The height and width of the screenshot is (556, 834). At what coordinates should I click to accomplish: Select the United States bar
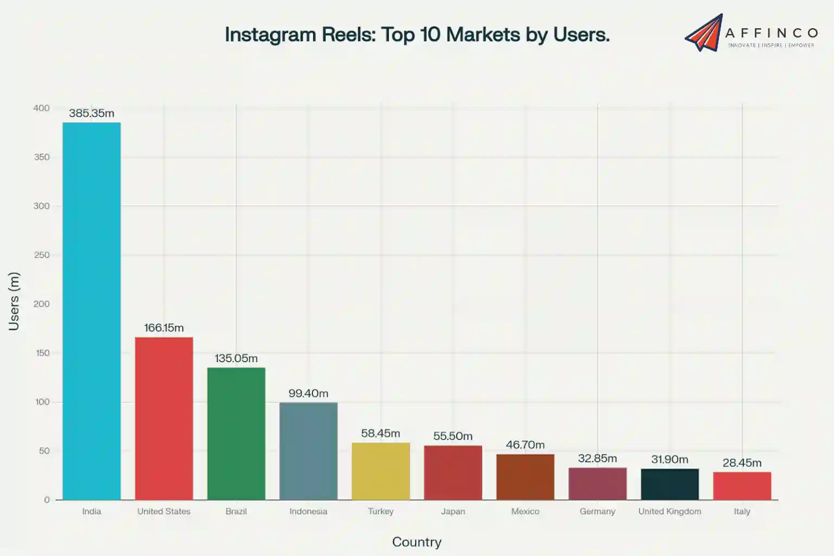pyautogui.click(x=163, y=418)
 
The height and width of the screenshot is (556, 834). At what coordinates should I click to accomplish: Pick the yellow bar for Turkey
pyautogui.click(x=381, y=471)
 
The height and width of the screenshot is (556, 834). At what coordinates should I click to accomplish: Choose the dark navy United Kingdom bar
pyautogui.click(x=669, y=484)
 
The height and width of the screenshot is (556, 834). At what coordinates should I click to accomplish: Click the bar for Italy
pyautogui.click(x=742, y=485)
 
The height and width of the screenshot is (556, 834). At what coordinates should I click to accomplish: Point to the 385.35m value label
pyautogui.click(x=91, y=113)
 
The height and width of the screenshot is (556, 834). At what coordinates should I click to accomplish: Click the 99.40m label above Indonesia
pyautogui.click(x=308, y=393)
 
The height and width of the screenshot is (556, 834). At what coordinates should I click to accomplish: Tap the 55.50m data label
pyautogui.click(x=453, y=436)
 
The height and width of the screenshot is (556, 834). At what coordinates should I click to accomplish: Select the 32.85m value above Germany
pyautogui.click(x=597, y=458)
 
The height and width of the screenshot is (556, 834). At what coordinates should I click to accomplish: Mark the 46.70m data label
pyautogui.click(x=525, y=445)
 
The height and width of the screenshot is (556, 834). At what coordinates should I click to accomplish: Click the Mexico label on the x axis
pyautogui.click(x=525, y=511)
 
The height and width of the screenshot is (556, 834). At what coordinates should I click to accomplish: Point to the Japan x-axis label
pyautogui.click(x=453, y=511)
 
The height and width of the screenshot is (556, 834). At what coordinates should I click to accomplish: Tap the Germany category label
pyautogui.click(x=597, y=511)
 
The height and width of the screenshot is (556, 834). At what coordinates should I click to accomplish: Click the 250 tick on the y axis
pyautogui.click(x=41, y=255)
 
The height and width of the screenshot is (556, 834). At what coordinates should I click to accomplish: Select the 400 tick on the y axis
pyautogui.click(x=41, y=108)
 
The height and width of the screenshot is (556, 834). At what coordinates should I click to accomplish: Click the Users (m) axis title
pyautogui.click(x=14, y=301)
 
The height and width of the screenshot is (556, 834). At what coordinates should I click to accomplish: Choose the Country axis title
pyautogui.click(x=416, y=542)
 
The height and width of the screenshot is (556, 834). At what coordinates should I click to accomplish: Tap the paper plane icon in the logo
pyautogui.click(x=704, y=34)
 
